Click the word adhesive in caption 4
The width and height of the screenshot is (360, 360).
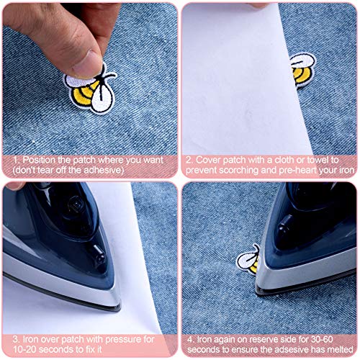pyautogui.click(x=286, y=347)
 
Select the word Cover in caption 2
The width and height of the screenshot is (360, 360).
pyautogui.click(x=209, y=159)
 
